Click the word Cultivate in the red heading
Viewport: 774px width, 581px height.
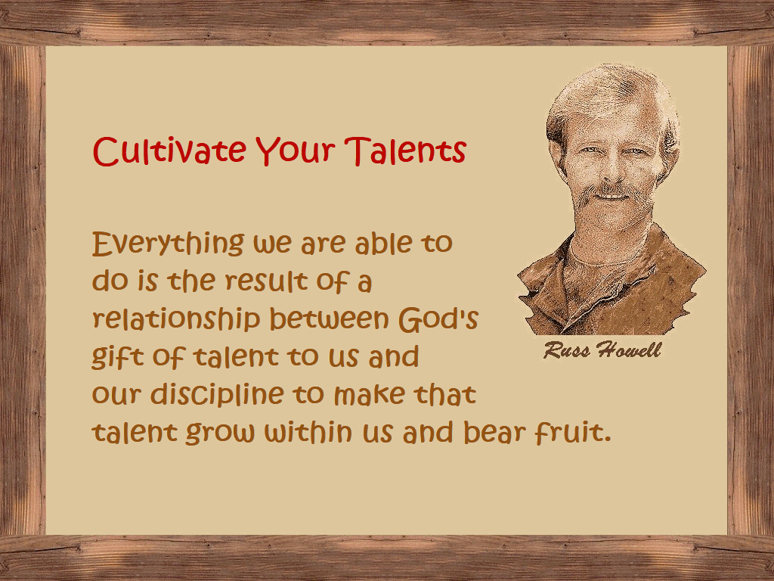click(169, 151)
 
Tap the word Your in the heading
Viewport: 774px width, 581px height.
click(296, 151)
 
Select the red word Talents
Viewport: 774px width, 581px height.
click(405, 151)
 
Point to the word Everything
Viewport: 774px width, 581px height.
click(168, 244)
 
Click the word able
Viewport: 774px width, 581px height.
click(383, 242)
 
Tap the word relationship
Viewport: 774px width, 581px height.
click(176, 320)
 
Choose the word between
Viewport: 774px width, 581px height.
click(330, 318)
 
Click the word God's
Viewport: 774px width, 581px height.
click(438, 318)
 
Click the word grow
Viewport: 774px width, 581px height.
click(220, 433)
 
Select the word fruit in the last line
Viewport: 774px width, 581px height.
click(568, 432)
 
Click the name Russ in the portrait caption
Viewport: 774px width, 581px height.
click(567, 350)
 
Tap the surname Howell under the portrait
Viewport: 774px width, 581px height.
click(628, 350)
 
